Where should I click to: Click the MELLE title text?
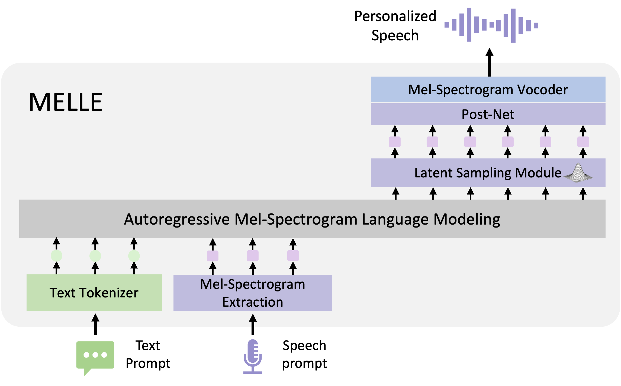[x=66, y=102]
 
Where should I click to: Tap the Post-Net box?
[x=488, y=114]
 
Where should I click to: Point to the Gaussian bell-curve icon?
[x=578, y=173]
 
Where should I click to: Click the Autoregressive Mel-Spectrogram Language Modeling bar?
[x=312, y=219]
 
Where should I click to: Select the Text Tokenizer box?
[x=94, y=293]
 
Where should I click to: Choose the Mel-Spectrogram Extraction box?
[x=252, y=293]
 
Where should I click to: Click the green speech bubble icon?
[x=95, y=356]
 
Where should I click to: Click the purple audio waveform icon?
[x=491, y=25]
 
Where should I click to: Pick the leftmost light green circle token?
[x=56, y=256]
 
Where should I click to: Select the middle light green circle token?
[x=95, y=256]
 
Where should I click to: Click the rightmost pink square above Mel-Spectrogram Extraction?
[x=293, y=256]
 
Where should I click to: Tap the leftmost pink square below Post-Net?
[x=395, y=142]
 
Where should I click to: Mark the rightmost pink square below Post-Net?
[x=583, y=142]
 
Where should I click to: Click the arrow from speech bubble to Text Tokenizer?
[x=95, y=320]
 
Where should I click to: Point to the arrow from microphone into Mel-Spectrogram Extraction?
[x=253, y=320]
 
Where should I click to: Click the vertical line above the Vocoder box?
[x=489, y=70]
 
